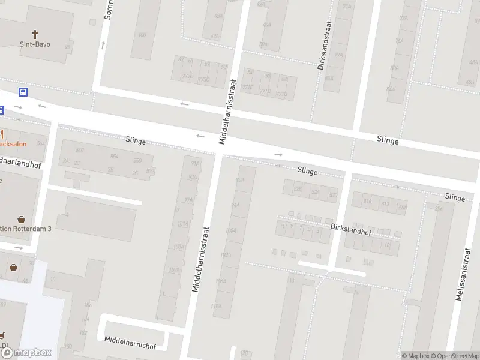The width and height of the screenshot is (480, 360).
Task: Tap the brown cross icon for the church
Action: [35, 34]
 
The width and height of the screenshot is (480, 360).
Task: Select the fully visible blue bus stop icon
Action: [23, 92]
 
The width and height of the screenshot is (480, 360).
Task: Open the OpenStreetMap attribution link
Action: [455, 356]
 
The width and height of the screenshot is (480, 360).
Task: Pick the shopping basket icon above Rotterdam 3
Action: [22, 220]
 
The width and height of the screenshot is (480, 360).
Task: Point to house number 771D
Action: [265, 91]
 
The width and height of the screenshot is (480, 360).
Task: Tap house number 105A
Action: [178, 247]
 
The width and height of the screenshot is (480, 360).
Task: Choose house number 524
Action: [315, 191]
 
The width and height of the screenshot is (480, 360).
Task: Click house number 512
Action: [385, 205]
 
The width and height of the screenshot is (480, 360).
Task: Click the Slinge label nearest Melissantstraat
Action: [455, 197]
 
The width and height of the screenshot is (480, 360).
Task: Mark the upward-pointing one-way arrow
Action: [103, 44]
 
